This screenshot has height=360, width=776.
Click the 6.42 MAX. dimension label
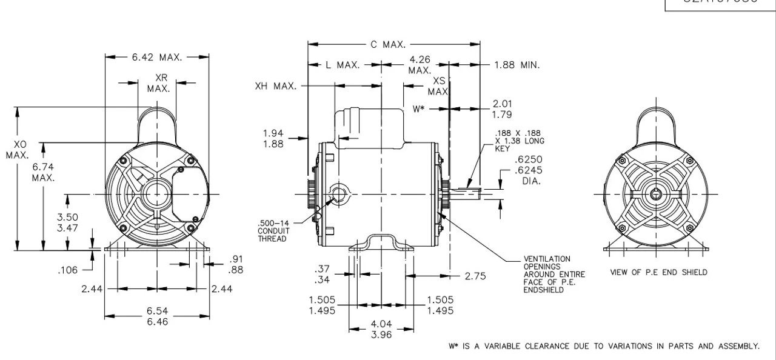tap(157, 58)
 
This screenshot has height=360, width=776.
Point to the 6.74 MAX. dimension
tap(44, 172)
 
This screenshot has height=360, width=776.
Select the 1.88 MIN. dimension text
tap(517, 65)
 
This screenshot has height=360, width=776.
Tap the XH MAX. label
tap(276, 86)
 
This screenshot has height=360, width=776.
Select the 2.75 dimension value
tap(477, 275)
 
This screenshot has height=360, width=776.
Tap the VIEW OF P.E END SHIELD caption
tap(658, 272)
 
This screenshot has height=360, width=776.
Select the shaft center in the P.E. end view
tap(657, 195)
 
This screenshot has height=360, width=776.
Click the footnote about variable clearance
tap(603, 346)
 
